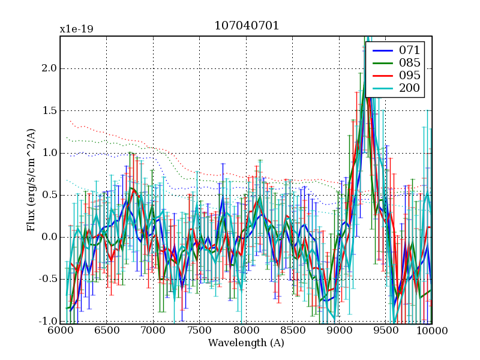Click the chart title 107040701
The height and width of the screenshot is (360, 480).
(x=247, y=26)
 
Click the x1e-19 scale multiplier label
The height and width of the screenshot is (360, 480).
(x=76, y=29)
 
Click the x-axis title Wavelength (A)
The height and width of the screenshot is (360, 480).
(x=246, y=343)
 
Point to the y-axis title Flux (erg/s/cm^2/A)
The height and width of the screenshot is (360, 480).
(x=31, y=180)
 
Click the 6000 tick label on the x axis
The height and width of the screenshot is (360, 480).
(x=60, y=331)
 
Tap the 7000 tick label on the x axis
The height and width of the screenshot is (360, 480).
(x=153, y=331)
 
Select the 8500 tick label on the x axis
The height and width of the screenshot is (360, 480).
(x=292, y=331)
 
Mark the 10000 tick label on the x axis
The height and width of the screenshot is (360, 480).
(x=431, y=331)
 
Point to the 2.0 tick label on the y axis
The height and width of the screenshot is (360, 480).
(x=49, y=68)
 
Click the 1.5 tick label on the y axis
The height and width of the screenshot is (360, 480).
(x=49, y=111)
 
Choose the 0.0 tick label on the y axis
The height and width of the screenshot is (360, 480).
(x=49, y=237)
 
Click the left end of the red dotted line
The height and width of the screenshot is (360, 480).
(x=70, y=121)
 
